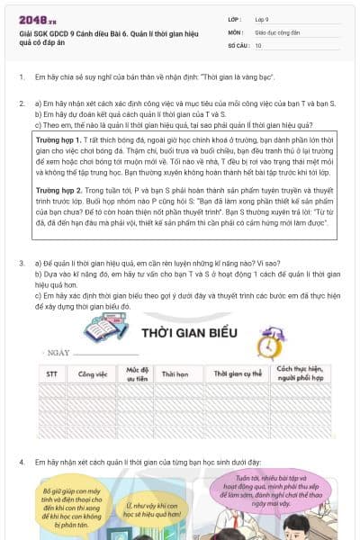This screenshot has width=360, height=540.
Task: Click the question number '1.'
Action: (22, 77)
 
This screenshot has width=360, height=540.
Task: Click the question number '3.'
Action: (22, 263)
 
